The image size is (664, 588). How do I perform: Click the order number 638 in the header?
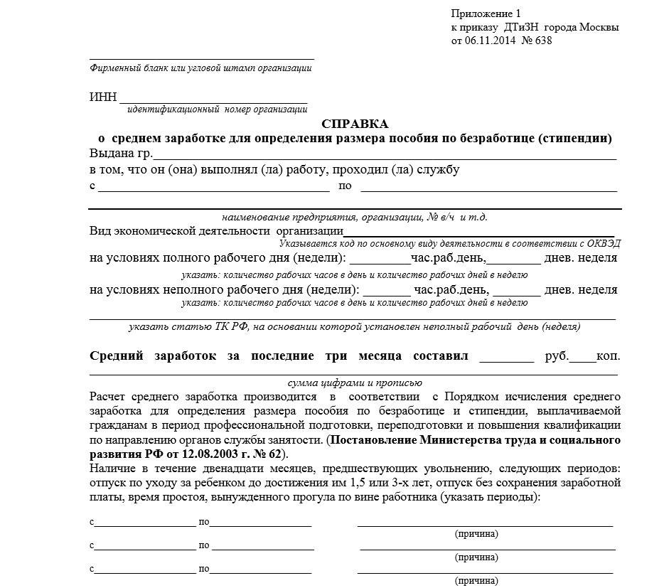tap(542, 41)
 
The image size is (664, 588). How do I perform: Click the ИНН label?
tap(102, 97)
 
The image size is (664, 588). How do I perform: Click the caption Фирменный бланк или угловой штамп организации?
tap(200, 68)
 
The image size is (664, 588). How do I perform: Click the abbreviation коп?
tap(609, 356)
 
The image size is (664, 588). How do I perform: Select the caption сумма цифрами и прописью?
tap(355, 383)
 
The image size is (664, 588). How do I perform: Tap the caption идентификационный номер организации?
tap(217, 109)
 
